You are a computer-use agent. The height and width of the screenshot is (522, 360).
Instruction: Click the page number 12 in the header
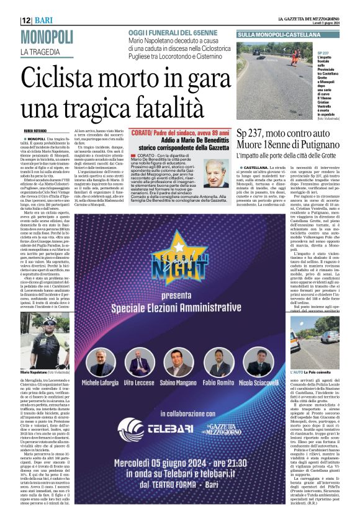(26, 20)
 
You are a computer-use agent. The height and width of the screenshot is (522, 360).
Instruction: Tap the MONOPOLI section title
(47, 37)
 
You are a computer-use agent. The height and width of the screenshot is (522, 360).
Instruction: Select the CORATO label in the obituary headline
(143, 133)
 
